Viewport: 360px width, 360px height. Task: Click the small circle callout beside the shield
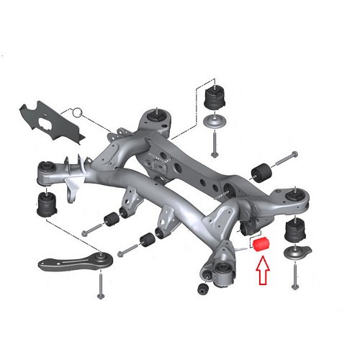(x=77, y=113)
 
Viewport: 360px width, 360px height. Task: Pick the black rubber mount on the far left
(x=47, y=204)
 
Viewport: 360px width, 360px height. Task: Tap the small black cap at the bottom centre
(x=202, y=289)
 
